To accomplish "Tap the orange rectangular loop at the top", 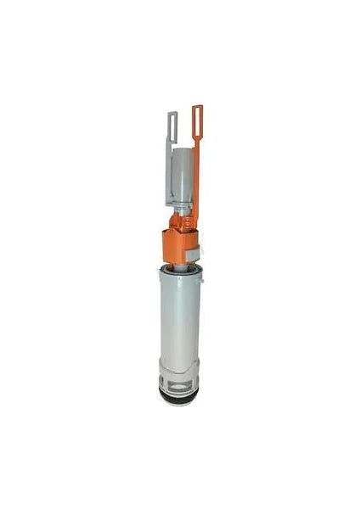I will click(x=197, y=119).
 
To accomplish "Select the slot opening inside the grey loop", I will click(x=172, y=123).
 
